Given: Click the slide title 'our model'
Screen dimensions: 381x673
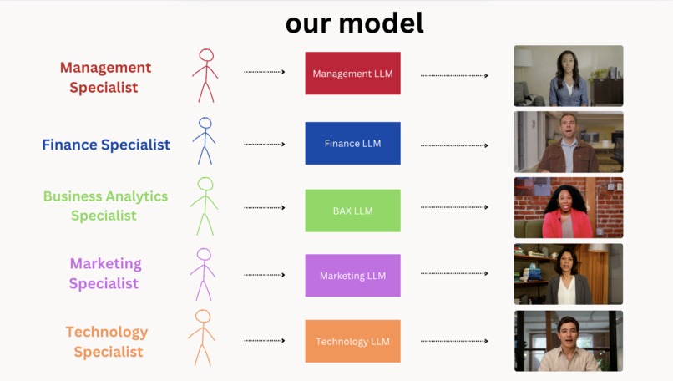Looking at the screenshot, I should coord(354,23).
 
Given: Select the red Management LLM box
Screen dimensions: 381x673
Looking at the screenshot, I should coord(352,74).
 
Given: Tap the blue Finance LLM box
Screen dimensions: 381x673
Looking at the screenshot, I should coord(352,144).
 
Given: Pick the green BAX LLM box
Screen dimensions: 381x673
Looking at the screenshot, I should coord(352,211).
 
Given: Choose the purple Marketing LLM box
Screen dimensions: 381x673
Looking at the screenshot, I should coord(352,276).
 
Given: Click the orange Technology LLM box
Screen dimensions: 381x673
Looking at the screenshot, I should coord(352,341).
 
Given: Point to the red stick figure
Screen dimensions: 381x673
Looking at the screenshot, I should coord(205,74).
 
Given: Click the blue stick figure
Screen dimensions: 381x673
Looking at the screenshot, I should coord(205,140).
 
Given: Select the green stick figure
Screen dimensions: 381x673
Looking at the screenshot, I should coord(205,206).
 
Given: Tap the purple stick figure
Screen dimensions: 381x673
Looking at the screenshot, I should coord(203,273).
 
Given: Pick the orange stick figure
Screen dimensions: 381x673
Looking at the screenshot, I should coord(202,338).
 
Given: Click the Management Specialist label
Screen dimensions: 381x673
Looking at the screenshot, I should coord(105,77).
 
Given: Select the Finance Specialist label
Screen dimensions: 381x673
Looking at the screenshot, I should coord(106,145).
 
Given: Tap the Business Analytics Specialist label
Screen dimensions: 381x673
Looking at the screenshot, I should coord(105,206).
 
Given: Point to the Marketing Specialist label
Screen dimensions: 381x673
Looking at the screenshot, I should coord(105,273).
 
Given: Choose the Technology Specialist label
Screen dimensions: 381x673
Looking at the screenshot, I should coord(107,342).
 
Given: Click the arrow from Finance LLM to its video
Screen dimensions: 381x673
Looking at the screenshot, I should coord(454,145).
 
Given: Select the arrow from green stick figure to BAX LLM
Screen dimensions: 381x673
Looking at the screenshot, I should coord(264,208).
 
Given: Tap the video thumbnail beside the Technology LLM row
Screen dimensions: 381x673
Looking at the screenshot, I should coord(568,341).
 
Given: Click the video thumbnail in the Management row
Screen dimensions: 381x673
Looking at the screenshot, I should coord(568,76).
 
